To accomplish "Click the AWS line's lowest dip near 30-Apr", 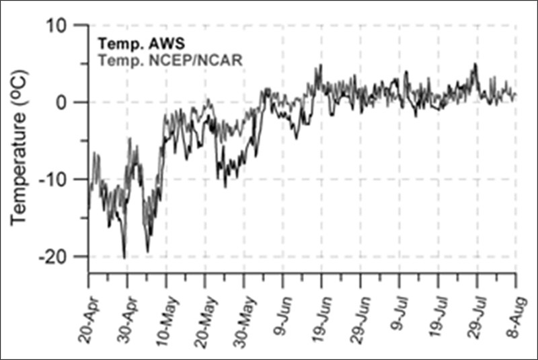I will tap(124, 257).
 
